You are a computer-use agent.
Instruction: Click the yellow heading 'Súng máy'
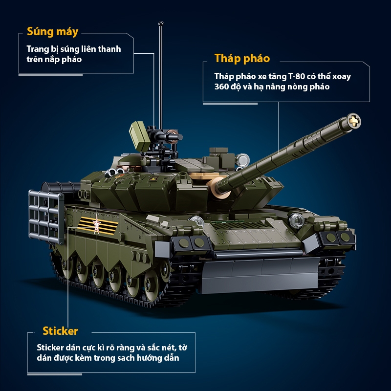pos(53,32)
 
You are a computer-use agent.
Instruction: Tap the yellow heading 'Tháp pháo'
pos(242,59)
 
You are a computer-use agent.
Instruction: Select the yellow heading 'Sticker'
pos(60,331)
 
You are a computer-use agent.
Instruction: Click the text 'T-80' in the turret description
pos(297,76)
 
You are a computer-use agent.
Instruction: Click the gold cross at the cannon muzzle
pos(354,121)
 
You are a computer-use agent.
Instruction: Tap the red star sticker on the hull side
pos(96,225)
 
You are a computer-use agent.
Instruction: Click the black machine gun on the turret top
pos(165,136)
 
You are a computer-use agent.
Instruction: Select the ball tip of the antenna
pos(161,23)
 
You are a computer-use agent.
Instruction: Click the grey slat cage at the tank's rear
pos(46,217)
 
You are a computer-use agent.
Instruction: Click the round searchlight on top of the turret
pos(242,160)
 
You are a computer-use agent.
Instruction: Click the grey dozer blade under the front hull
pos(260,274)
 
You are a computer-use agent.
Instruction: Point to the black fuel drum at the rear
pos(60,188)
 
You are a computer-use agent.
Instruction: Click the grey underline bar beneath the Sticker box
pos(55,374)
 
